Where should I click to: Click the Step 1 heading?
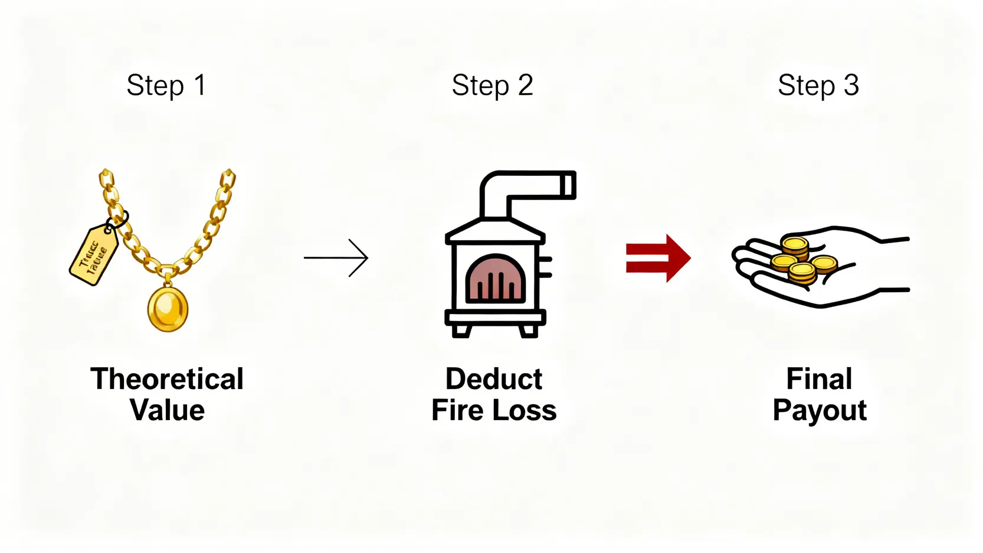[166, 86]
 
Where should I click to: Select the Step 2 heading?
[492, 86]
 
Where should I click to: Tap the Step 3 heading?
[818, 86]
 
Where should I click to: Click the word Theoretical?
[167, 379]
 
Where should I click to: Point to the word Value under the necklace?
[167, 410]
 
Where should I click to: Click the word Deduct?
[494, 379]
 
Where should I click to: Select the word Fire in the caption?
[458, 410]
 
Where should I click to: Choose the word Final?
[819, 379]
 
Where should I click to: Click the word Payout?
[820, 410]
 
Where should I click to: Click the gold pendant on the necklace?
[168, 308]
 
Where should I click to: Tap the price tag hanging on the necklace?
[94, 255]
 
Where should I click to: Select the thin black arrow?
[336, 257]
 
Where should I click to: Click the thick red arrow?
[658, 258]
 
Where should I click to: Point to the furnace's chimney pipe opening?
[569, 185]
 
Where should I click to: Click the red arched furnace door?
[496, 280]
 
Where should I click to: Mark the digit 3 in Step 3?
[851, 86]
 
